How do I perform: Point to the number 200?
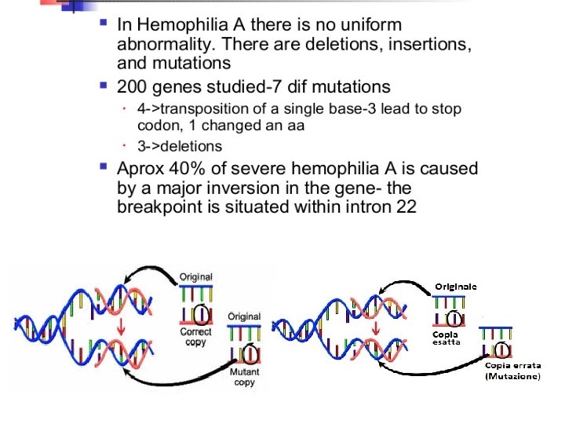(132, 85)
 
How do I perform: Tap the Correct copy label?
(196, 336)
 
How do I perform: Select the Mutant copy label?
(246, 376)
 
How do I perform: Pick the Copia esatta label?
(446, 338)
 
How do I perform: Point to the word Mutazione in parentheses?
(512, 378)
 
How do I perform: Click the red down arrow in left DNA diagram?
(120, 325)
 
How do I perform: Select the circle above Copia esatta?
(454, 319)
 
